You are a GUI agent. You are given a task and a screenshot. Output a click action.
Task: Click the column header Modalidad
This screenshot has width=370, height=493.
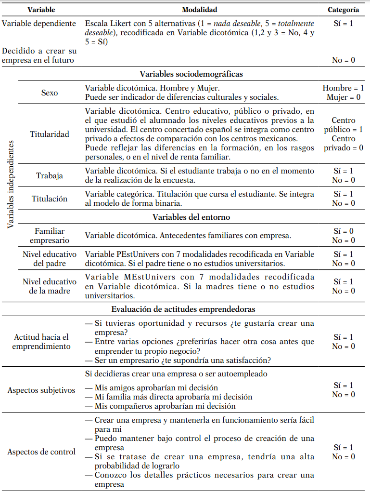coord(199,9)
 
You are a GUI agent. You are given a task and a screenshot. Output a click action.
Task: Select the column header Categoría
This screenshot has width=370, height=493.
coord(343,9)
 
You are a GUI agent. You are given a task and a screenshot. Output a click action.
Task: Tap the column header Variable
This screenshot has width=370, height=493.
coord(41,9)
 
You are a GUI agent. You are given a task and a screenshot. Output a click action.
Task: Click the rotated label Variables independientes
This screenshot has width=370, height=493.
coord(11,184)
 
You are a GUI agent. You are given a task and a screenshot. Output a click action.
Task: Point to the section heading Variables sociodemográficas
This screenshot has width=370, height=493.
coord(191,74)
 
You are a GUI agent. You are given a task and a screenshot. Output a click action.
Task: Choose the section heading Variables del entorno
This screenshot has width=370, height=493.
coord(191,217)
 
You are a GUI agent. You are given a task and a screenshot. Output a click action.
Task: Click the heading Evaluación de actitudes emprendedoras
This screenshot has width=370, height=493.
coord(183,309)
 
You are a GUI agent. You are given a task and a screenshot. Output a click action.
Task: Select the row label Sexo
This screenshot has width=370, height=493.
coord(50,93)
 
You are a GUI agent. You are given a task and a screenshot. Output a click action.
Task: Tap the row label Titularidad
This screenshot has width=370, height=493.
coord(50,134)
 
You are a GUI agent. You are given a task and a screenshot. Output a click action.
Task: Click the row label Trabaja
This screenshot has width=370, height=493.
coord(50,175)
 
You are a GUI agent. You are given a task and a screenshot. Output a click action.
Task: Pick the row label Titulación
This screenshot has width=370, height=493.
coord(50,199)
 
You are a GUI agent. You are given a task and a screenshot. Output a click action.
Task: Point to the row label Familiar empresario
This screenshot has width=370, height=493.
coord(50,236)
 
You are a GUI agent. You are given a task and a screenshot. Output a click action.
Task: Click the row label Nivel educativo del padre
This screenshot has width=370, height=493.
coord(50,259)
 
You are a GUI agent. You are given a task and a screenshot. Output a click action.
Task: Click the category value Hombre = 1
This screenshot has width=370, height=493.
coord(343,88)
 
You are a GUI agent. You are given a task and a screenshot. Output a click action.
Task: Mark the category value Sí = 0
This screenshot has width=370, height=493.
coord(343,231)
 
